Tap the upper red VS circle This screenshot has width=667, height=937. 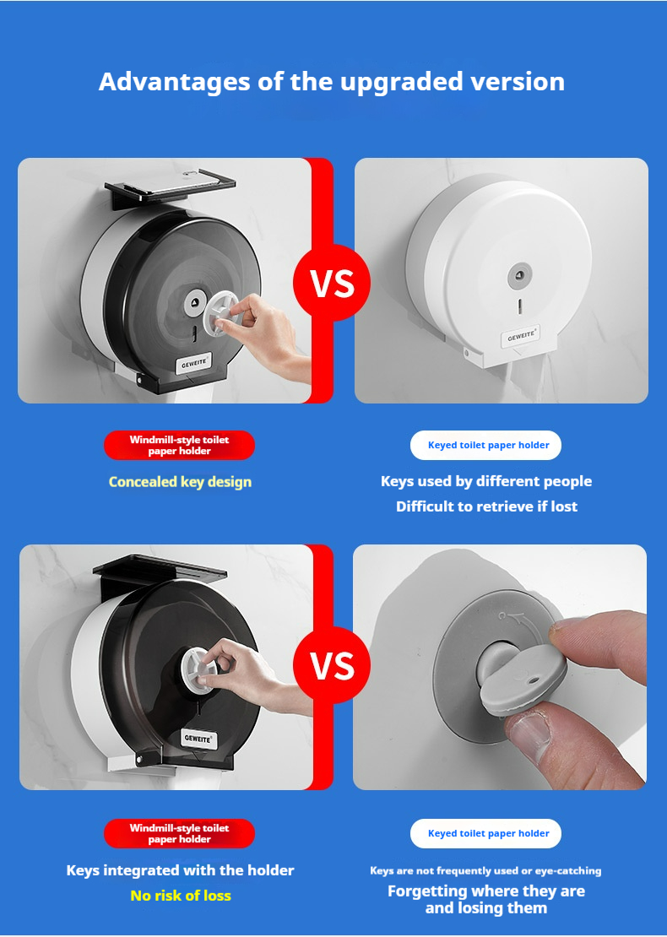pos(332,283)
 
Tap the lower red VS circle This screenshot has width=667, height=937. pos(332,664)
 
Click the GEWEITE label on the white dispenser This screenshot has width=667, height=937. pos(521,337)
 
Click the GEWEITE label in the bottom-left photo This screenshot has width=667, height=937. pos(198,739)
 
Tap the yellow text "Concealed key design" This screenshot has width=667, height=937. pos(180,482)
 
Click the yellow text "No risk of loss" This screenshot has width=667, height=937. pos(181,895)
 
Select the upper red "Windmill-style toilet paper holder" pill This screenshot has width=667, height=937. pos(179,445)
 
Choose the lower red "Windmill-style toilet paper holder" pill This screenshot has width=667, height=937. pos(179,834)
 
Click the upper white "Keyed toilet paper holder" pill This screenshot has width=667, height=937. pos(486,445)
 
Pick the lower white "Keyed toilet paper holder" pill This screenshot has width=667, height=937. pos(486,834)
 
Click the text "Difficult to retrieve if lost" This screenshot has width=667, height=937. pos(486,506)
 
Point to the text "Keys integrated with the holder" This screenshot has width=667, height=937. pos(180,870)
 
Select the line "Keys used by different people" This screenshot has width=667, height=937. pos(486,482)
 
